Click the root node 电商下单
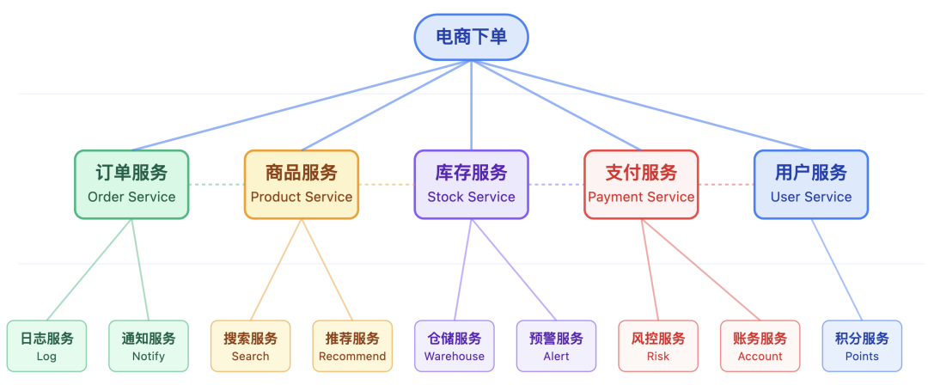tap(471, 37)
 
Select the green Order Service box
tap(131, 184)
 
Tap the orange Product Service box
tap(302, 184)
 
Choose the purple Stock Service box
tap(471, 184)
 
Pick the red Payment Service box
tap(641, 184)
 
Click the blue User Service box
tap(810, 184)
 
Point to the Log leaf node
tap(47, 346)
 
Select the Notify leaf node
tap(149, 346)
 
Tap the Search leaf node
tap(251, 346)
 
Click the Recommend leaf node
tap(352, 346)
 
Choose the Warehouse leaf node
tap(455, 346)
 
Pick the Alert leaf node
tap(556, 346)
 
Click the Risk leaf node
tap(658, 346)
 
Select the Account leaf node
tap(760, 346)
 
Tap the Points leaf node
tap(862, 346)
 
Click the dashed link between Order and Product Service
tap(217, 185)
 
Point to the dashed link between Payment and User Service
tap(726, 185)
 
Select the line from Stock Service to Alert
tap(514, 270)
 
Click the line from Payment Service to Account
tap(700, 270)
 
